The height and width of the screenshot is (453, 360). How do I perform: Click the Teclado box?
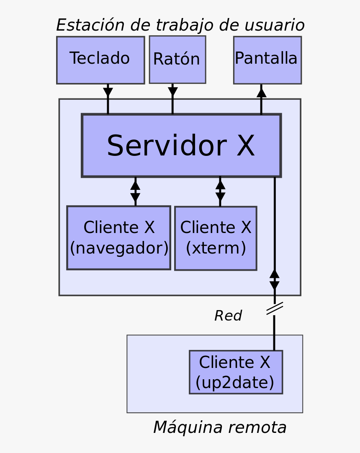(x=100, y=60)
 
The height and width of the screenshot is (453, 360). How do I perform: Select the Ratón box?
(x=177, y=60)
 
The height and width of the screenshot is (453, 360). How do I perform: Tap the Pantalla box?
(x=267, y=60)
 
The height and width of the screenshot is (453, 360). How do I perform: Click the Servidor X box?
(x=181, y=145)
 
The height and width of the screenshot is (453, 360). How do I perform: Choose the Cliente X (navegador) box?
(x=118, y=238)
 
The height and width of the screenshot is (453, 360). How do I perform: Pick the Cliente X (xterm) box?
(x=215, y=238)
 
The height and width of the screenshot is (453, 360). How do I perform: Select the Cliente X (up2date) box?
(x=236, y=372)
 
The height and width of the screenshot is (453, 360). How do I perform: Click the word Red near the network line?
(x=228, y=316)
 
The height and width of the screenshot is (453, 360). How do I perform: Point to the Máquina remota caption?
(x=220, y=427)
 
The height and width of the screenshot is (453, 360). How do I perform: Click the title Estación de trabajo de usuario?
(x=180, y=25)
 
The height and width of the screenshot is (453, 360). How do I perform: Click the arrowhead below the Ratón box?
(x=172, y=92)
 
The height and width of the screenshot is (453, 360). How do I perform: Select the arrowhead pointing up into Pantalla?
(x=261, y=92)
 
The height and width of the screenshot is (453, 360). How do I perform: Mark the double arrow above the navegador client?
(x=135, y=191)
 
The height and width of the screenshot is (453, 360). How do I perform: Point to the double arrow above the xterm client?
(x=220, y=191)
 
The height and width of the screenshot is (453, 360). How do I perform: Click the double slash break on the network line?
(x=275, y=308)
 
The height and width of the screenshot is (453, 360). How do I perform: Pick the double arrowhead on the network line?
(x=275, y=280)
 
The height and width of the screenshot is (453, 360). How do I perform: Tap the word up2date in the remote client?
(x=235, y=382)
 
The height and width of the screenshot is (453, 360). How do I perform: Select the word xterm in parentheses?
(x=216, y=249)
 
